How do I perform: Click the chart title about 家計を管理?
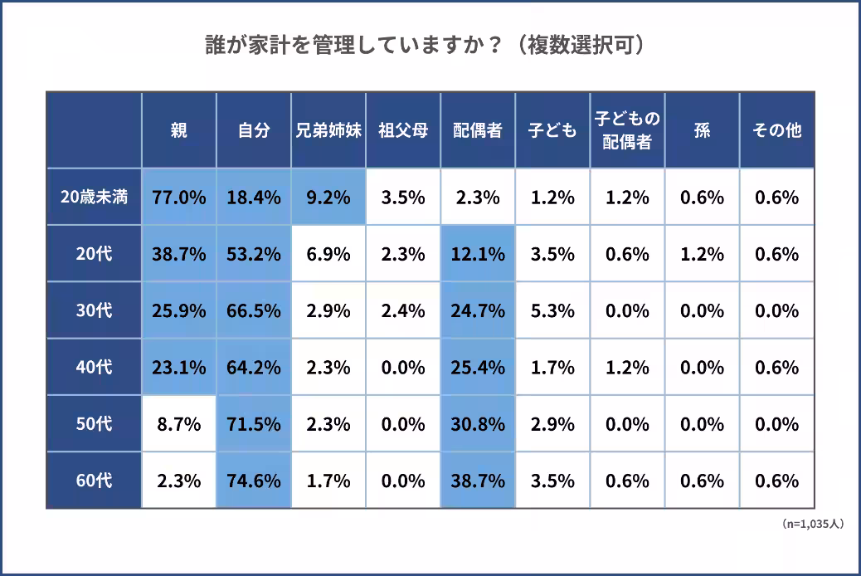point(425,45)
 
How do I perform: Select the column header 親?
point(179,130)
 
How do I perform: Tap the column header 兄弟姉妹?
point(328,130)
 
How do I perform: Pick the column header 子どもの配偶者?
point(627,130)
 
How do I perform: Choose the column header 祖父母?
point(403,130)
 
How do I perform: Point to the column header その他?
point(776,130)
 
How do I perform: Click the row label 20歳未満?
point(94,198)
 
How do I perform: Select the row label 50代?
point(94,424)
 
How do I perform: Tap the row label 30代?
point(94,311)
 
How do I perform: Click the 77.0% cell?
point(179,198)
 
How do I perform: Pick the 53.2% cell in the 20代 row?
point(254,254)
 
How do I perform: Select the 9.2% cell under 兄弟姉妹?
point(328,198)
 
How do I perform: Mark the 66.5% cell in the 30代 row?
point(254,311)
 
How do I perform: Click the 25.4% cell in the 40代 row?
point(478,368)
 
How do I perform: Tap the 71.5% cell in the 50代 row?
point(254,424)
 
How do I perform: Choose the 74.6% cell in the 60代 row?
point(254,481)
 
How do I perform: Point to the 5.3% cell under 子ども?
point(552,311)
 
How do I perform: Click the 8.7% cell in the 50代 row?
point(179,424)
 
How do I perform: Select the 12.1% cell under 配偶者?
point(478,254)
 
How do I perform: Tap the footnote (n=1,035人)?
point(812,525)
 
